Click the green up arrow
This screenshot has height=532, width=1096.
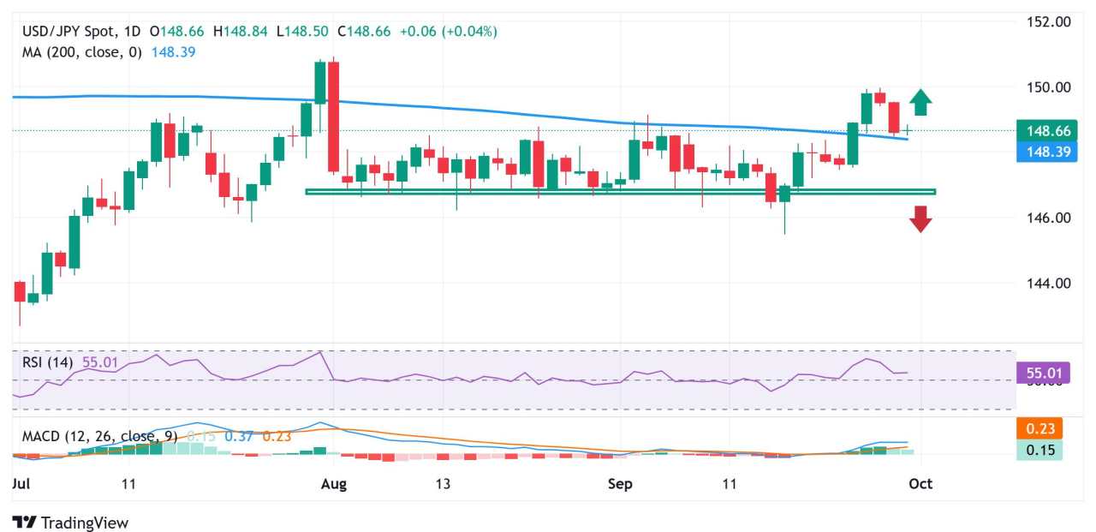(x=920, y=102)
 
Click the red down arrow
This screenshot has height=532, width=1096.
(x=920, y=218)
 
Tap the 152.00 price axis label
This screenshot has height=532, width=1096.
(x=1049, y=21)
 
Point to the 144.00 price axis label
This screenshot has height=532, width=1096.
(x=1049, y=283)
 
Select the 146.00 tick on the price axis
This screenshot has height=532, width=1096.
(x=1049, y=218)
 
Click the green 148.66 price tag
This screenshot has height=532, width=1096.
(x=1039, y=131)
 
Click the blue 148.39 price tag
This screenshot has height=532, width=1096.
(x=1039, y=152)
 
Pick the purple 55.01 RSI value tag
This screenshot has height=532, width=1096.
(x=1039, y=374)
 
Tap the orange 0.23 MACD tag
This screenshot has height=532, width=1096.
(x=1039, y=428)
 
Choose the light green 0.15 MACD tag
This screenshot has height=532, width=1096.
(x=1039, y=450)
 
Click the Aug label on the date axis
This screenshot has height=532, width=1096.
(x=333, y=484)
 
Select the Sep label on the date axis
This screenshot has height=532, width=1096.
(x=620, y=484)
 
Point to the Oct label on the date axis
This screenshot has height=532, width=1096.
(x=920, y=484)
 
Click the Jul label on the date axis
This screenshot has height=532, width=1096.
(x=23, y=484)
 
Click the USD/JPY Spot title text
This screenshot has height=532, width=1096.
(x=80, y=32)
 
